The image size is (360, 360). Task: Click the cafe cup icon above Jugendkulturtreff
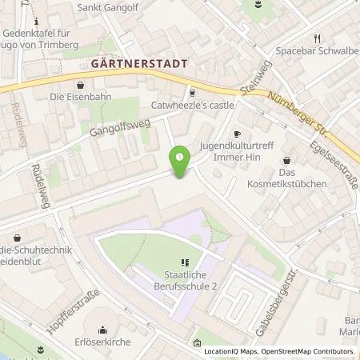(x=236, y=134)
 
